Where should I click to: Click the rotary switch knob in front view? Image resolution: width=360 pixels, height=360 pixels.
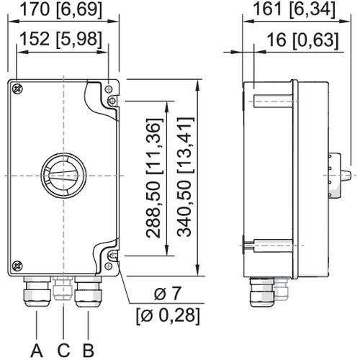coord(63,175)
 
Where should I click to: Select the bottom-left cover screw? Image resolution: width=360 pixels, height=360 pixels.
coord(17,263)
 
